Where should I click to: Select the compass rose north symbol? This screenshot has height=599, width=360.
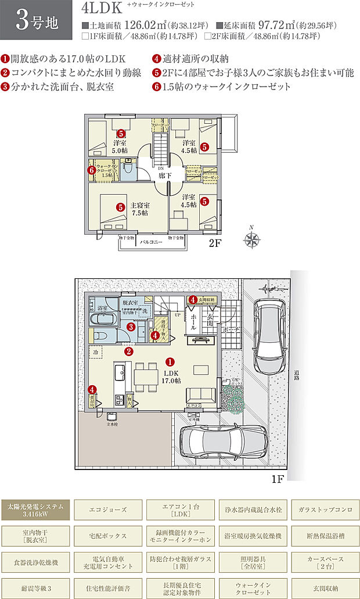(251, 239)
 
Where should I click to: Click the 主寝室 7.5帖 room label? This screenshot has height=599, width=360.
(139, 209)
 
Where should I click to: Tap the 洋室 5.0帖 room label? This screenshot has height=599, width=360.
(121, 146)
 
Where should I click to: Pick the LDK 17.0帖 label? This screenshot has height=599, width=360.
(171, 376)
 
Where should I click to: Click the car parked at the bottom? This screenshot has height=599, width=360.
(222, 444)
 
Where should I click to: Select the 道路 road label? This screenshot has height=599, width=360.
(296, 375)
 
